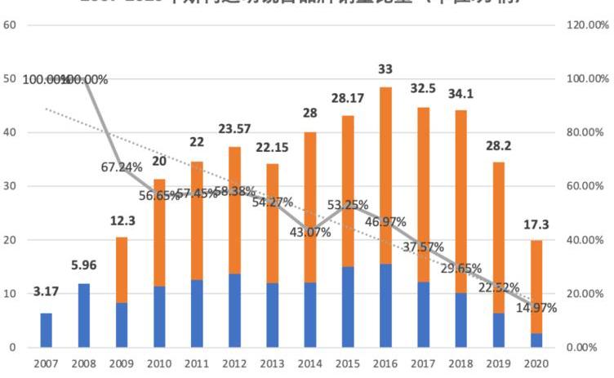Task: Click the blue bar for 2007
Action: point(47,330)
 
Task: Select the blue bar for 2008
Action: point(83,315)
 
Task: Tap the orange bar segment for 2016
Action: point(385,176)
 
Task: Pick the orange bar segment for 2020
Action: point(536,287)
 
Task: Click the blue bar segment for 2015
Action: point(348,307)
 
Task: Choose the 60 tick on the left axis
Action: point(11,25)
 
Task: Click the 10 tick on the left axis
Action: point(11,294)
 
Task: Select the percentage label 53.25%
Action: point(348,204)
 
